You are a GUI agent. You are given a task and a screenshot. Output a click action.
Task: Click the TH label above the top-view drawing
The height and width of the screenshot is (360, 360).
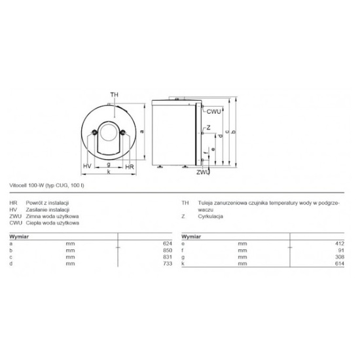[115, 95]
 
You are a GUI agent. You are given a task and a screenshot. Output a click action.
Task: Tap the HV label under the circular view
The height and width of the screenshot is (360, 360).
[86, 167]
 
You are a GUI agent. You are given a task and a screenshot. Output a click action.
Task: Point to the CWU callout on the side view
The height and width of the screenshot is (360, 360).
[215, 112]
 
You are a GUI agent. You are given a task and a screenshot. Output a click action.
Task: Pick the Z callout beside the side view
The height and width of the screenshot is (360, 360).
[207, 128]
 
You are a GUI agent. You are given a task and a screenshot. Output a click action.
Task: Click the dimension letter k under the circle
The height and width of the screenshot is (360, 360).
[108, 172]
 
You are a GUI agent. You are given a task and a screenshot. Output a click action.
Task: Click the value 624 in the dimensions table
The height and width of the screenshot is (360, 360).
[167, 243]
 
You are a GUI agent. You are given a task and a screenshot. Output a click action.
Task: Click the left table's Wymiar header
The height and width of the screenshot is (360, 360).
[19, 234]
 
